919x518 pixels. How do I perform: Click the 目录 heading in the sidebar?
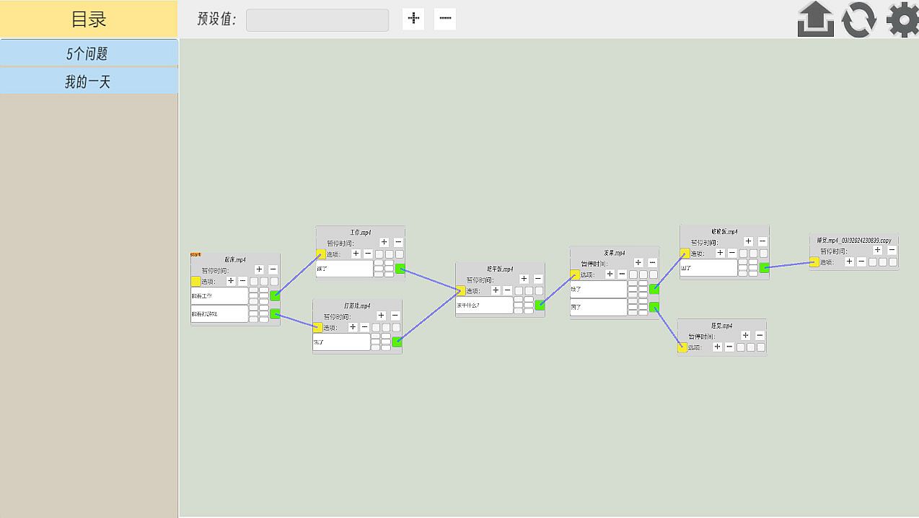[89, 19]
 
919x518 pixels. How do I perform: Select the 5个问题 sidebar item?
[88, 53]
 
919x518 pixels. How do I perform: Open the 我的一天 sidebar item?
[88, 81]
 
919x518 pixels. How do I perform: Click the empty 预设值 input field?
[317, 19]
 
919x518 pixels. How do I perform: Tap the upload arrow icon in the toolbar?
[816, 19]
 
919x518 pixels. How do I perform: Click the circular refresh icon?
[859, 19]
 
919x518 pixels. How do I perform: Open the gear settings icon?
[902, 19]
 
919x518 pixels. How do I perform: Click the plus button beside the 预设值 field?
[413, 19]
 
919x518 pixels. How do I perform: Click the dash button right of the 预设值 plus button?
[445, 19]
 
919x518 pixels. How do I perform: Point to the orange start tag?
[195, 254]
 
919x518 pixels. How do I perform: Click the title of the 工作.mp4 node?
[360, 233]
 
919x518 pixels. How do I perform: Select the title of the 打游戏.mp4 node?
[357, 305]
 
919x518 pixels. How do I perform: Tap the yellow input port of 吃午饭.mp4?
[461, 291]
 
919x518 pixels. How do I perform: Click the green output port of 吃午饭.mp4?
[540, 305]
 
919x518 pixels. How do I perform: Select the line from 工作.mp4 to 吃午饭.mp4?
[430, 280]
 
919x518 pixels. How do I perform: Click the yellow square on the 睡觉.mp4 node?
[682, 348]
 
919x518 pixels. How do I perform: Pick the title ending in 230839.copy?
[854, 241]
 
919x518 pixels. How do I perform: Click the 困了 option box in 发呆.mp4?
[598, 307]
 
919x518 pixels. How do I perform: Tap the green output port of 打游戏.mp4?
[397, 341]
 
